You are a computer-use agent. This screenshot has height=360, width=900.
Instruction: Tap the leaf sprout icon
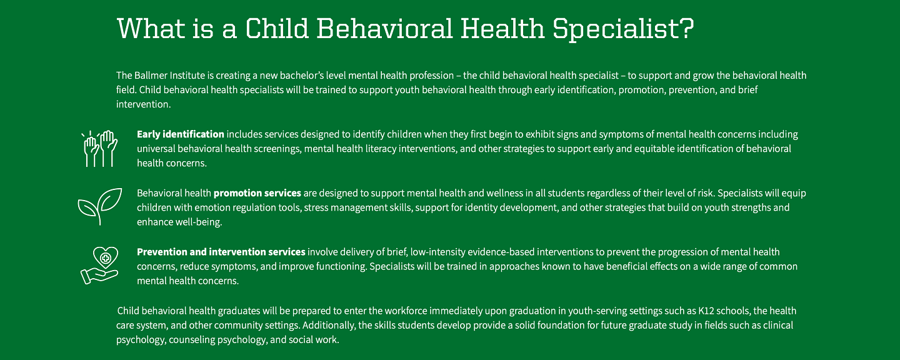point(100,206)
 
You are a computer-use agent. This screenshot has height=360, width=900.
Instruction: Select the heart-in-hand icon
point(99,266)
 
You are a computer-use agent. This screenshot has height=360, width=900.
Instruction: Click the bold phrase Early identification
point(180,134)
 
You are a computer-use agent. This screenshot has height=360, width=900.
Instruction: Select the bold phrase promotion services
point(257,192)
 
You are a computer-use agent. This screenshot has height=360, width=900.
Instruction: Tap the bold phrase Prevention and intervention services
point(221,251)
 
